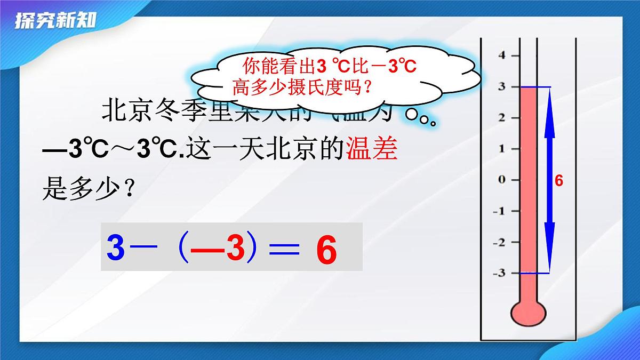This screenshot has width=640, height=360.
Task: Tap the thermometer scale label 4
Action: click(501, 55)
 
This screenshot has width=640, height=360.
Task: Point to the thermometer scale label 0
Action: click(501, 180)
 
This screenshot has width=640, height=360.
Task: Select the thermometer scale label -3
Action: click(499, 273)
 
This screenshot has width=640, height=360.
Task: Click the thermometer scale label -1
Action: click(499, 211)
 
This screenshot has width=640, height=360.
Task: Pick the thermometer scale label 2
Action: click(501, 117)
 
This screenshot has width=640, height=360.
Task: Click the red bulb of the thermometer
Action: click(528, 314)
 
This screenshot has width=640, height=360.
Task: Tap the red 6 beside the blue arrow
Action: click(559, 181)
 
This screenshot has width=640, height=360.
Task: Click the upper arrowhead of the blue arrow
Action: click(549, 99)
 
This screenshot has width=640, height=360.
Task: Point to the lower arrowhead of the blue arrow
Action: click(549, 261)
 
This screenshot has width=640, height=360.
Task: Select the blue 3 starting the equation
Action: click(115, 248)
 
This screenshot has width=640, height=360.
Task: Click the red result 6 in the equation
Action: click(326, 250)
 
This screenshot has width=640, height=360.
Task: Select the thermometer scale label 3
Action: click(501, 86)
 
